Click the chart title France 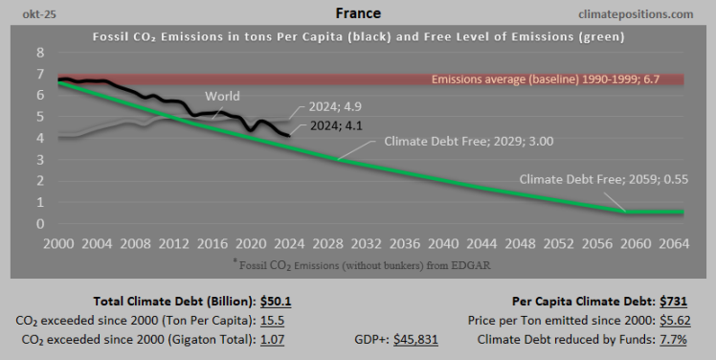(x=358, y=13)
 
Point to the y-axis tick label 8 (x=39, y=53)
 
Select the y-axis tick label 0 (x=39, y=224)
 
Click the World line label (x=222, y=96)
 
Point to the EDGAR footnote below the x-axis (x=358, y=263)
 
